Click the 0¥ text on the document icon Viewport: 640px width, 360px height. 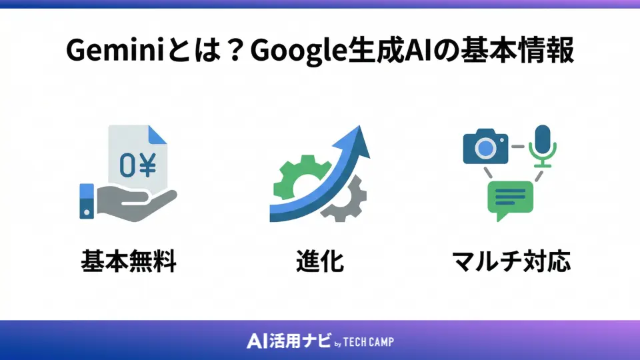[138, 166]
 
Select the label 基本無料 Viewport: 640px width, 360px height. [128, 261]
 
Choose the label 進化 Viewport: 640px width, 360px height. [319, 261]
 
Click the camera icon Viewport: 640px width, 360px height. [485, 146]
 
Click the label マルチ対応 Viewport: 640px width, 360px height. [511, 261]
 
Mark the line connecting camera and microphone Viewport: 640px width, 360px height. [517, 145]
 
